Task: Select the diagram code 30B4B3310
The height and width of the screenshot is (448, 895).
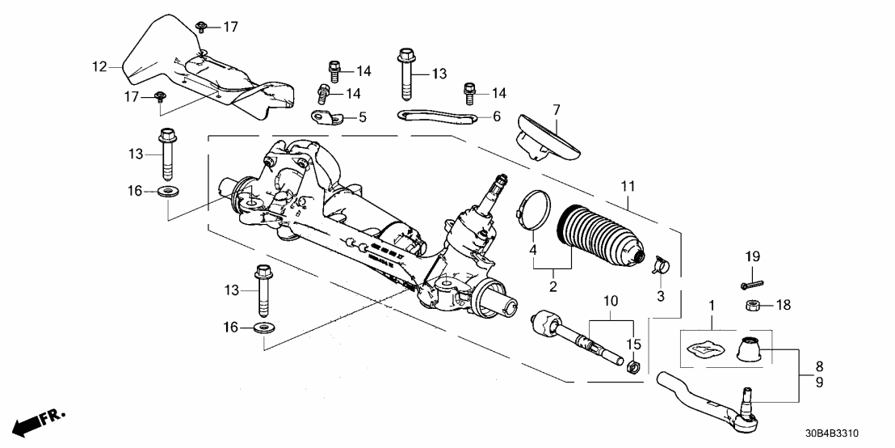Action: point(851,433)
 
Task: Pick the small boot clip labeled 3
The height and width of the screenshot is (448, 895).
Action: point(661,263)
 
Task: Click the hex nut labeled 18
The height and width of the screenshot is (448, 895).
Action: point(750,305)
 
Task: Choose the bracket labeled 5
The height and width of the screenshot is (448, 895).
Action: point(330,118)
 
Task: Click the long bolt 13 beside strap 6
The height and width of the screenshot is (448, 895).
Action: point(405,73)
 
